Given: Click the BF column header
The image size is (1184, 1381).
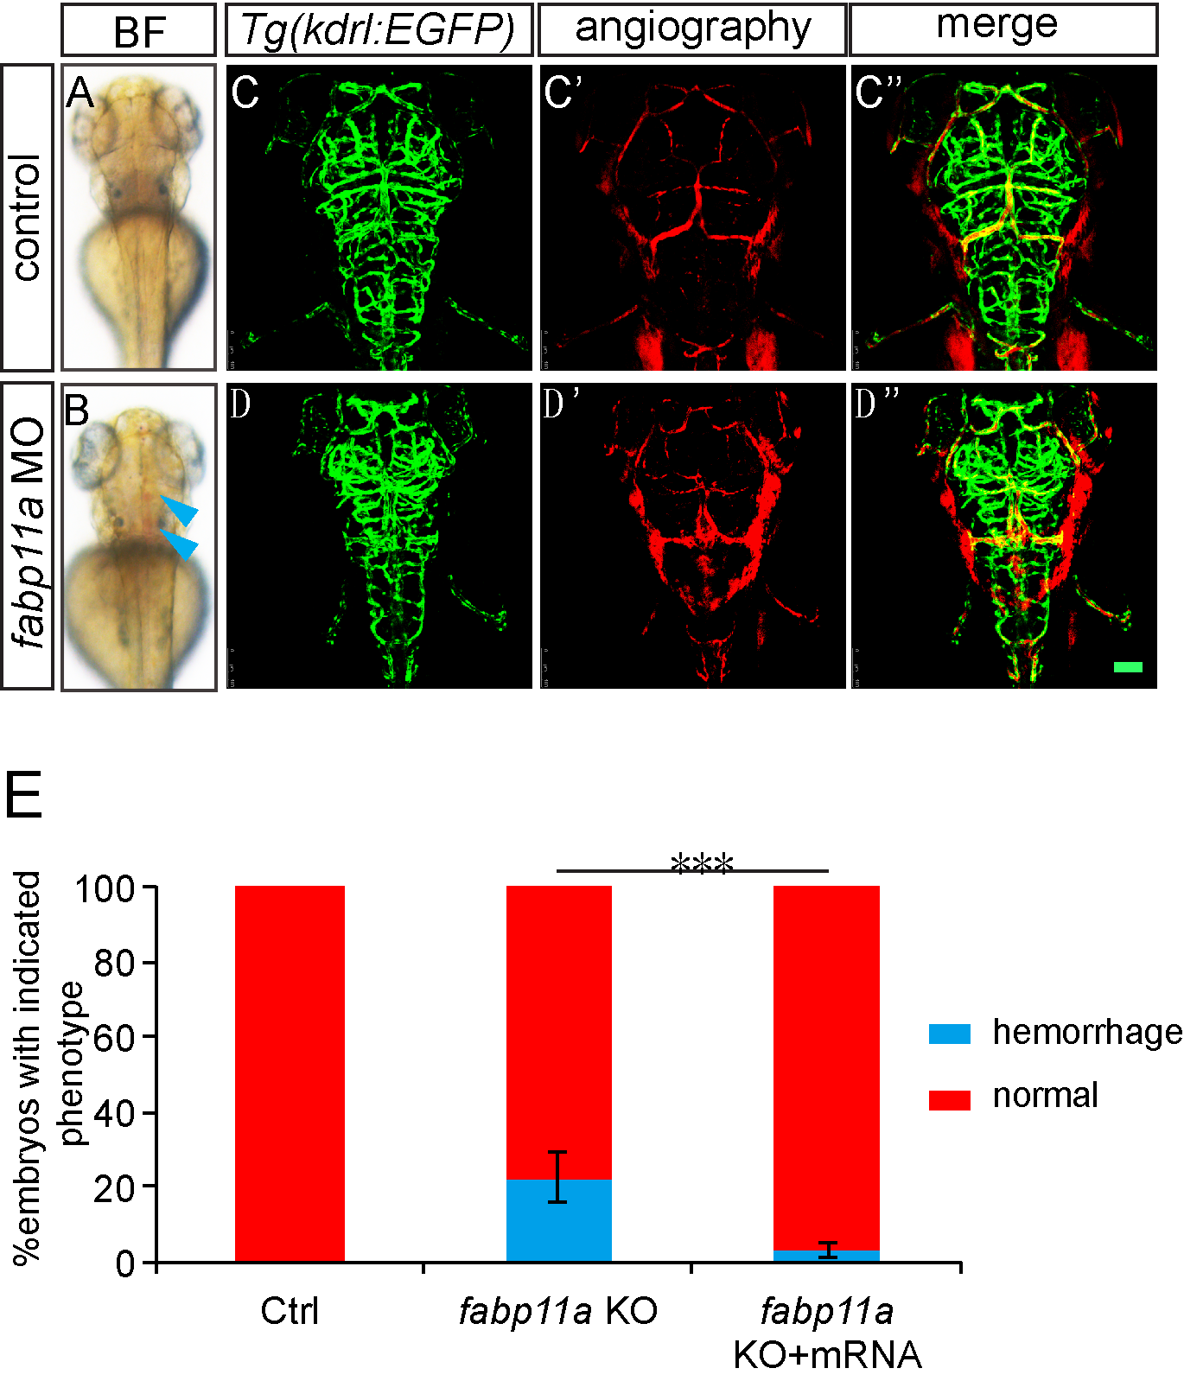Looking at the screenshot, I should point(138,31).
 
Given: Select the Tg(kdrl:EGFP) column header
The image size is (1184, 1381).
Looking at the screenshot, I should point(379,29).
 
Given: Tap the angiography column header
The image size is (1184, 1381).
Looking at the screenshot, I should point(692,29).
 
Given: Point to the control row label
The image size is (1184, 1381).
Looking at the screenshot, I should point(27,217).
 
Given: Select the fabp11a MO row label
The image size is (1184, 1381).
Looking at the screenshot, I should point(27,536).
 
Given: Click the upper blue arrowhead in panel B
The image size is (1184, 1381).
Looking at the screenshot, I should point(181,510).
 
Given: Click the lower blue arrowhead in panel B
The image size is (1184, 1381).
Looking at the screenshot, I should point(181,544).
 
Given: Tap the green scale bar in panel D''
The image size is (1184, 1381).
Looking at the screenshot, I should point(1128,667).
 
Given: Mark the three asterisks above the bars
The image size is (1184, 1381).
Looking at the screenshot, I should point(702,862).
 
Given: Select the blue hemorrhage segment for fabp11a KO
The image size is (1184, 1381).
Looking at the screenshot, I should point(558,1220).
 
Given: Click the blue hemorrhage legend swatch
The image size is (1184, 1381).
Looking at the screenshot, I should point(949,1034).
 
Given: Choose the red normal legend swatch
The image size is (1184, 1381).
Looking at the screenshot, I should point(949,1099).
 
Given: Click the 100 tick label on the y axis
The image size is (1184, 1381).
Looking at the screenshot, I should point(105,888).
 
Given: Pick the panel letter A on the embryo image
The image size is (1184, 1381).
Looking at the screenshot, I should point(80,92).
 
